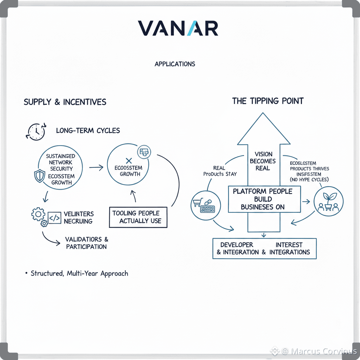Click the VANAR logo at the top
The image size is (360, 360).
click(x=178, y=28)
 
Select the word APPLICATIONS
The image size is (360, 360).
click(x=175, y=64)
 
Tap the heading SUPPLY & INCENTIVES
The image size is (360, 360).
click(x=65, y=102)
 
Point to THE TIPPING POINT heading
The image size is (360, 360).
click(x=268, y=101)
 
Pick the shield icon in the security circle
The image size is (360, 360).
click(x=39, y=175)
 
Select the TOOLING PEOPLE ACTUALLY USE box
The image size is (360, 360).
click(x=138, y=217)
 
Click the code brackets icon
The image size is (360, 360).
click(x=54, y=218)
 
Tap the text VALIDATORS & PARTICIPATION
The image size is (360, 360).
click(x=86, y=243)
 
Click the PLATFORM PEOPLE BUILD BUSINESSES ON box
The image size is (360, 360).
click(x=264, y=199)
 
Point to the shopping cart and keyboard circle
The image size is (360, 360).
click(x=205, y=206)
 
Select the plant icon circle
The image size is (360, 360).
click(x=328, y=201)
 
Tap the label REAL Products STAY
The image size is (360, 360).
click(x=220, y=171)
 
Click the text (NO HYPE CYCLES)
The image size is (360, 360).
click(x=309, y=180)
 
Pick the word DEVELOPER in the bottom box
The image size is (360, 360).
click(x=237, y=245)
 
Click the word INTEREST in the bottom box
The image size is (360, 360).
click(x=289, y=245)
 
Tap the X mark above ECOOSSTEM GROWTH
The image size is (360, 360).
click(x=128, y=161)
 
